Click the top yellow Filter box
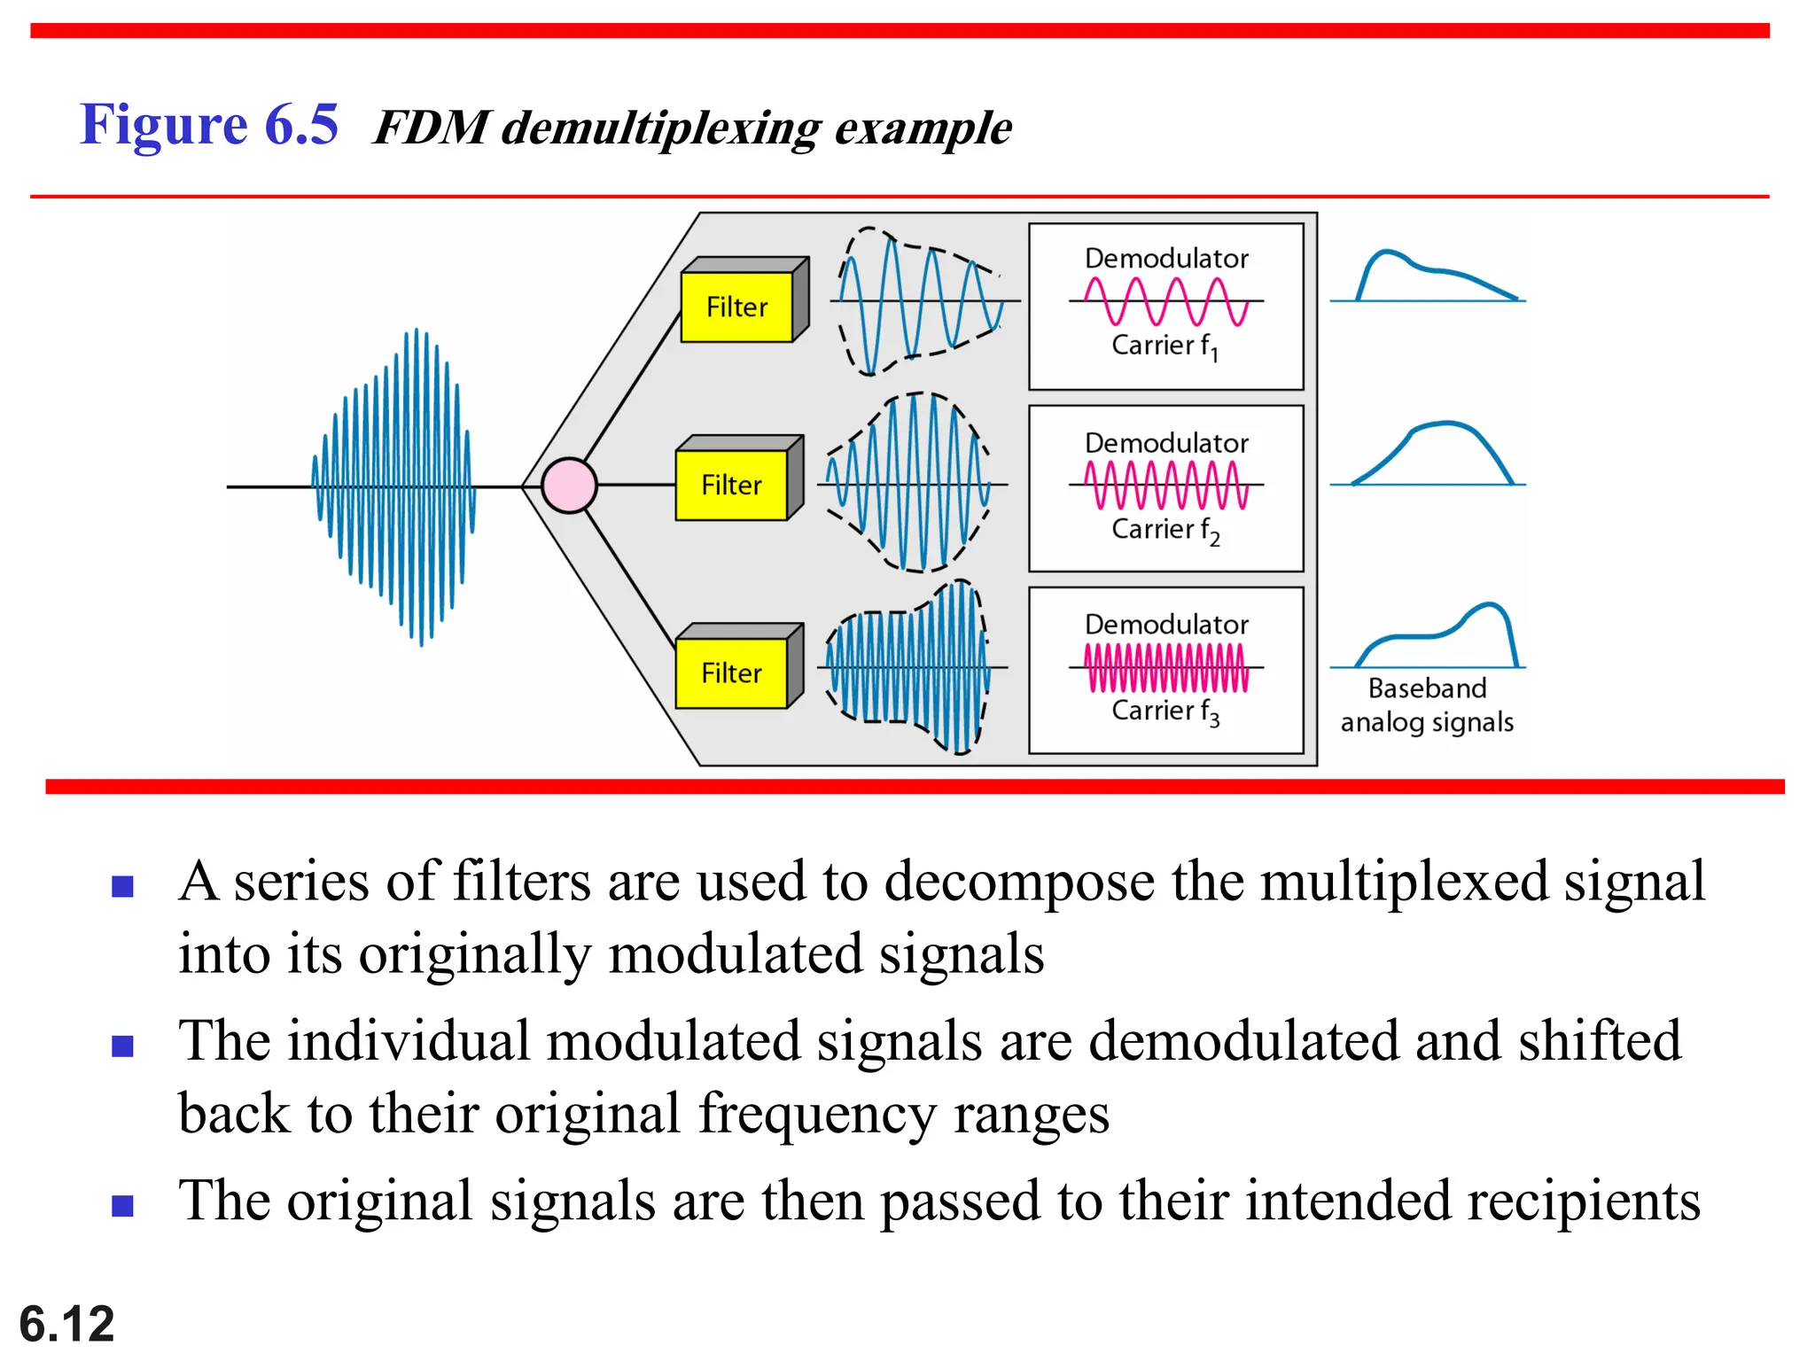pyautogui.click(x=736, y=307)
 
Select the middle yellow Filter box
pyautogui.click(x=731, y=485)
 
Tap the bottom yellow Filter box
pyautogui.click(x=731, y=673)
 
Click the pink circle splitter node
pyautogui.click(x=569, y=486)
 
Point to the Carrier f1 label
pyautogui.click(x=1165, y=346)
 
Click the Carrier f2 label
pyautogui.click(x=1165, y=530)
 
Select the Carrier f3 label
pyautogui.click(x=1165, y=712)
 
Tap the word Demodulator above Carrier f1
pyautogui.click(x=1166, y=259)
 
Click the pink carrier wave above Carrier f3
pyautogui.click(x=1166, y=667)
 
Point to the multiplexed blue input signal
pyautogui.click(x=394, y=486)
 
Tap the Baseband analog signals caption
pyautogui.click(x=1427, y=705)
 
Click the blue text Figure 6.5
pyautogui.click(x=209, y=124)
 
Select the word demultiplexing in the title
pyautogui.click(x=661, y=128)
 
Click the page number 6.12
pyautogui.click(x=66, y=1325)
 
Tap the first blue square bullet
pyautogui.click(x=122, y=886)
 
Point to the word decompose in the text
pyautogui.click(x=1019, y=883)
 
